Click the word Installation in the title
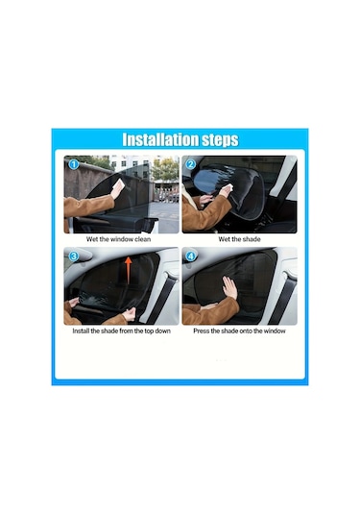(160, 139)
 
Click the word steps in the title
(220, 140)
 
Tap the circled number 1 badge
(73, 164)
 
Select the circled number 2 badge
(191, 164)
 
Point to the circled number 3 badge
(73, 256)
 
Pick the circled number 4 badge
(191, 256)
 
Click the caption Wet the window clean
(119, 239)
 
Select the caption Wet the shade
(239, 239)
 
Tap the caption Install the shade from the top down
(122, 330)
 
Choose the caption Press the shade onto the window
(239, 330)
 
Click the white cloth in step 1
(119, 185)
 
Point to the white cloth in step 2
(228, 187)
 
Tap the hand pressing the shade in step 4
(229, 287)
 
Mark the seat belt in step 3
(163, 298)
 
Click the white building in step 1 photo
(131, 165)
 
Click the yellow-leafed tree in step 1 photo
(165, 169)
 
